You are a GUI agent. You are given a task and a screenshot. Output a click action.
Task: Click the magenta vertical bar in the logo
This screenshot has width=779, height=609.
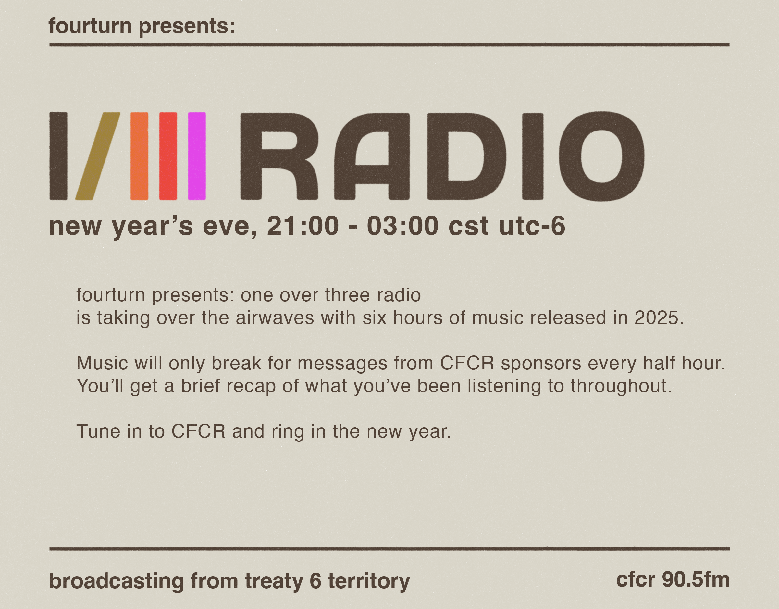(x=197, y=156)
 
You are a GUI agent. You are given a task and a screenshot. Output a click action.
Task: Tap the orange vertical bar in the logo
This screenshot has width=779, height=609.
(x=140, y=156)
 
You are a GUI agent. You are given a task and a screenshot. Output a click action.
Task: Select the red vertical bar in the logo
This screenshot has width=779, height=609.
(x=168, y=156)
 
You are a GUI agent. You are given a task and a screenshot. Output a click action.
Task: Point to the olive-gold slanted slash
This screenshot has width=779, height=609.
(x=98, y=156)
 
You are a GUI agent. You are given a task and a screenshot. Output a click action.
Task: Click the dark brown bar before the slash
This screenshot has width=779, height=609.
(x=58, y=156)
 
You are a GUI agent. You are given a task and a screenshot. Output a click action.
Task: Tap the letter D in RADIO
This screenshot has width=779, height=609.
(x=466, y=156)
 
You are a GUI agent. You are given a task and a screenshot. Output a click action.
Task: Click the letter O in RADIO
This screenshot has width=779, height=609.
(x=601, y=156)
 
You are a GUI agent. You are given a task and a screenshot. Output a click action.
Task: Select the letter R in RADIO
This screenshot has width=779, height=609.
(x=279, y=156)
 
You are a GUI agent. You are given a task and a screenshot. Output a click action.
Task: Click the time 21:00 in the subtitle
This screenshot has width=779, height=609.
(x=303, y=226)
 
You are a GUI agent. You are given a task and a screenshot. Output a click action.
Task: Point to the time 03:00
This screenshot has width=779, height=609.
(x=402, y=226)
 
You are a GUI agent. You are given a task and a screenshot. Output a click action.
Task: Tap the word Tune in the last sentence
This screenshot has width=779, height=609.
(x=98, y=431)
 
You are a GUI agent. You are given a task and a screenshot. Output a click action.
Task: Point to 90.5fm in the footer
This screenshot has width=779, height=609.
(x=696, y=579)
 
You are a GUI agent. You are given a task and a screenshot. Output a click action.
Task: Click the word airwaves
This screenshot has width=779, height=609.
(x=275, y=317)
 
